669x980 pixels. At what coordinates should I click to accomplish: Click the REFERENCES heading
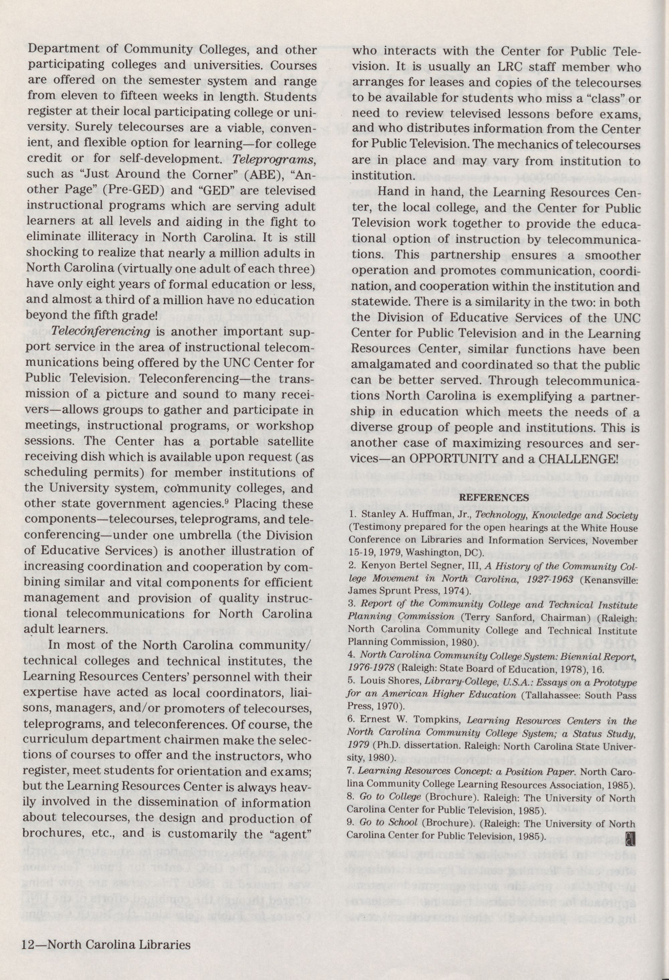(x=493, y=498)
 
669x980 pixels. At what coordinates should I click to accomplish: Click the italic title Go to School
(x=388, y=810)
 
